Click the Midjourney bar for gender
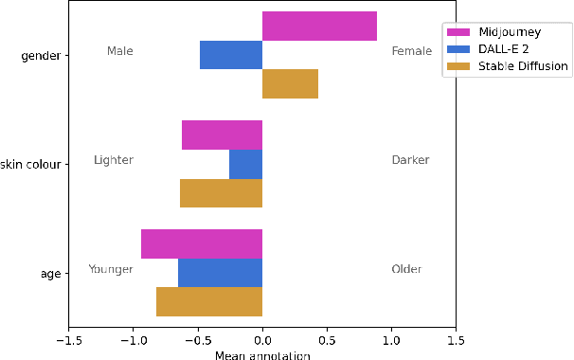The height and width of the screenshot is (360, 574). [x=319, y=27]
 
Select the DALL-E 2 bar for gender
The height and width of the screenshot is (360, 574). [x=231, y=55]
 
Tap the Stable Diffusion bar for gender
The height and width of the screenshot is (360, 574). [x=290, y=84]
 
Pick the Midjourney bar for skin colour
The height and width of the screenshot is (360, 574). [x=222, y=135]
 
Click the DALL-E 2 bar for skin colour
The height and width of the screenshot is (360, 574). [x=245, y=164]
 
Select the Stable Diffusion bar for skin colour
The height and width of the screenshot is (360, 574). [x=221, y=193]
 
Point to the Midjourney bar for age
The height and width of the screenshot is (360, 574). [x=202, y=243]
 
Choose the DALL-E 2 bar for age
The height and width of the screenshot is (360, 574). [x=220, y=273]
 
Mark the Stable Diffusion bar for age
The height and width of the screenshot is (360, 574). [x=209, y=301]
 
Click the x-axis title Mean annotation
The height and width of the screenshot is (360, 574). [x=262, y=355]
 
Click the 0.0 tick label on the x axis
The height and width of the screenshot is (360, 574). [x=262, y=339]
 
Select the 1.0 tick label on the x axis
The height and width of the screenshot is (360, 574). [x=391, y=339]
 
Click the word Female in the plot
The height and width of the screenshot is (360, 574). [x=411, y=51]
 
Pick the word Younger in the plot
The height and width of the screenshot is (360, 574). [x=110, y=269]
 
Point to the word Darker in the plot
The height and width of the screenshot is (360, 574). [x=410, y=160]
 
